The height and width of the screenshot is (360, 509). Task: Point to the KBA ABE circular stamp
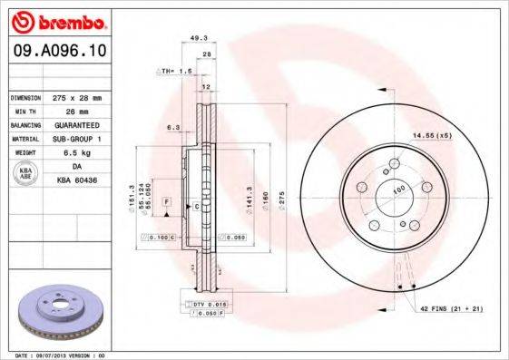pyautogui.click(x=26, y=172)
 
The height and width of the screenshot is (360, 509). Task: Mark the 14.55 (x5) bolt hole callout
pyautogui.click(x=432, y=135)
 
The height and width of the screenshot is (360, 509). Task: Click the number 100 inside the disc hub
pyautogui.click(x=397, y=190)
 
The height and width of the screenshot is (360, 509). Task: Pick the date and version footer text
pyautogui.click(x=55, y=355)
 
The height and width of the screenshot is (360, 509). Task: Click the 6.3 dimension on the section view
pyautogui.click(x=172, y=128)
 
